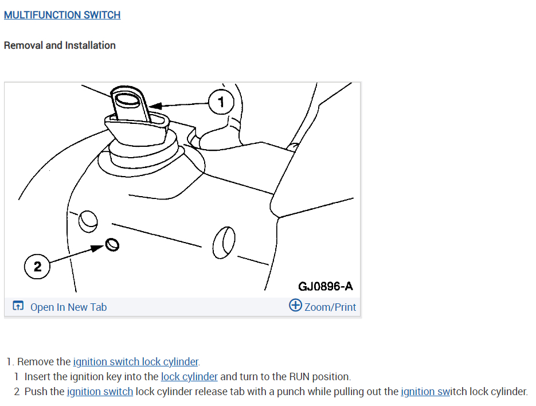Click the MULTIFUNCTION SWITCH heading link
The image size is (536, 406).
[62, 15]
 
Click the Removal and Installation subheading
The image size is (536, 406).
[60, 45]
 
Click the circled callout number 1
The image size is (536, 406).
[222, 103]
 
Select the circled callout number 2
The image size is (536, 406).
[37, 267]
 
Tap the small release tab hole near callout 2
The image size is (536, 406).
[113, 245]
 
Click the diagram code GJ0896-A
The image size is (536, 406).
[325, 286]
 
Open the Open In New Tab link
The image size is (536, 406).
[68, 307]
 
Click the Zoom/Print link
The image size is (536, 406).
[330, 307]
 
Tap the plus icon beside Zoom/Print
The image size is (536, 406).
[295, 306]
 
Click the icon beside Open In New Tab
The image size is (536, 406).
[18, 307]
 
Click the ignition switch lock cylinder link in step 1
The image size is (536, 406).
[136, 362]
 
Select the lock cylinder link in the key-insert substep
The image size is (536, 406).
[189, 377]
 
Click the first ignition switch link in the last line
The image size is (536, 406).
[100, 392]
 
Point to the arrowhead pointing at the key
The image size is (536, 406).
[154, 106]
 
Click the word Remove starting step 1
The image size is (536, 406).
[36, 362]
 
